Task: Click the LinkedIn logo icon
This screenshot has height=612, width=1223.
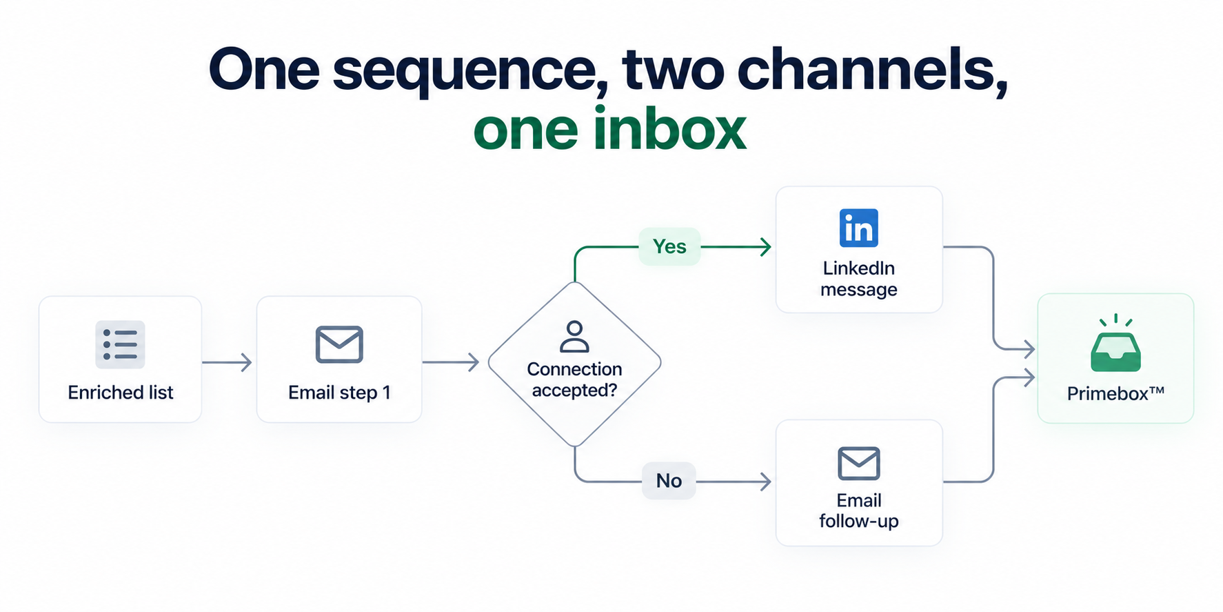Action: click(858, 228)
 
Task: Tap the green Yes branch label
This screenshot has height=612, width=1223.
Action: click(669, 246)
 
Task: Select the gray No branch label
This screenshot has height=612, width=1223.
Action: click(669, 481)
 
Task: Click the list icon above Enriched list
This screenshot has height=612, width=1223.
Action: click(120, 344)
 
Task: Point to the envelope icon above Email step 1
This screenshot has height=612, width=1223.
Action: click(339, 344)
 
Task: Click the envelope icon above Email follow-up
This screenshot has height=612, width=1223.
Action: click(858, 463)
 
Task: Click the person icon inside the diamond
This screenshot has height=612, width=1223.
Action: click(574, 337)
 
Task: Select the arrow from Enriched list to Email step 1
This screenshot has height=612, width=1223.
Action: click(227, 362)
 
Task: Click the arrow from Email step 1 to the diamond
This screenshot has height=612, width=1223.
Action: click(451, 362)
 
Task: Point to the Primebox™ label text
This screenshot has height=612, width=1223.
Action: click(1115, 393)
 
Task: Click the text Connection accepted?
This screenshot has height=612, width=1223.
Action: click(574, 379)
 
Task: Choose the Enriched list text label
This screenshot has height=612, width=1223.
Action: click(121, 393)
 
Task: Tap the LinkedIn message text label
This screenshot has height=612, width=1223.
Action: click(859, 279)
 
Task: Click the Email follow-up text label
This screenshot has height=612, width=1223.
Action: click(859, 511)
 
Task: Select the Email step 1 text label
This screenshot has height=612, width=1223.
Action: click(339, 393)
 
